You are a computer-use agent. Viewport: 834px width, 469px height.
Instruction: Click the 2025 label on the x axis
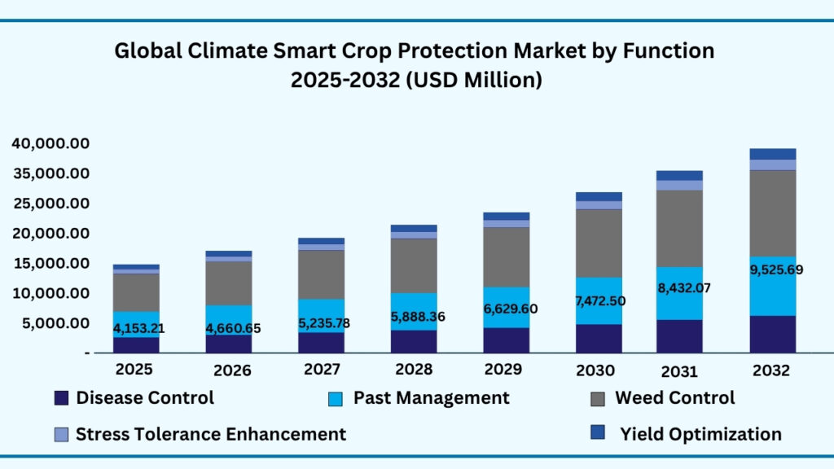point(134,369)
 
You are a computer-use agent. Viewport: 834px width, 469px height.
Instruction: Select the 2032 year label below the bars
point(771,370)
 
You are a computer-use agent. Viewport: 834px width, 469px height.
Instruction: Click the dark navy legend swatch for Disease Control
point(61,398)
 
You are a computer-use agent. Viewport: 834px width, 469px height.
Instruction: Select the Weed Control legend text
point(674,397)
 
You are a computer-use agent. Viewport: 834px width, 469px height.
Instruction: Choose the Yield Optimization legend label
point(700,434)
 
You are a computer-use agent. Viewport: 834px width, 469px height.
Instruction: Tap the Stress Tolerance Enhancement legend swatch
point(61,435)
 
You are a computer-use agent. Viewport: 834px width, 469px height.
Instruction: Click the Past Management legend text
point(431,397)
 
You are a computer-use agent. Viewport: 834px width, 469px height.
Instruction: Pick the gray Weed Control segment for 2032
point(772,213)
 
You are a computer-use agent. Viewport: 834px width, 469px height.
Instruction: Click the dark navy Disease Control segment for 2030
point(599,338)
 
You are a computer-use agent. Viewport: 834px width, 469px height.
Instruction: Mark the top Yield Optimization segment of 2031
point(679,175)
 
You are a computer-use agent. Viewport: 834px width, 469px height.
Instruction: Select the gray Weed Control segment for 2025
point(136,292)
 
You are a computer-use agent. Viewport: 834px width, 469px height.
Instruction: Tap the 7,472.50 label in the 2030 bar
point(601,301)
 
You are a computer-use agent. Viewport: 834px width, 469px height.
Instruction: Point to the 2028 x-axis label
point(414,369)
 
